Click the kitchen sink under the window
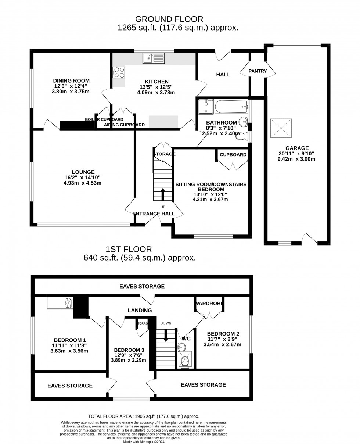[x=154, y=58]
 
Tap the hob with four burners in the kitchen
[x=119, y=72]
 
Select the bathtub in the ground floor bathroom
[x=231, y=107]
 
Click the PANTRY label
[x=258, y=71]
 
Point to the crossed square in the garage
[x=281, y=128]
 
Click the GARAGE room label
[x=297, y=148]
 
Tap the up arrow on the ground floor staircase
[x=163, y=194]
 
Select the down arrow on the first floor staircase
[x=166, y=335]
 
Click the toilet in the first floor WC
[x=185, y=361]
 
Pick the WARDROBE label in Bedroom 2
[x=209, y=304]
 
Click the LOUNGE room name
[x=83, y=172]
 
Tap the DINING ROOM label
[x=71, y=81]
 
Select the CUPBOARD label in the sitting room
[x=233, y=155]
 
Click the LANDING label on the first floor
[x=140, y=311]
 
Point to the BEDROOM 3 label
[x=129, y=350]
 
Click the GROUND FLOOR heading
[x=169, y=19]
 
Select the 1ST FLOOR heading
[x=129, y=250]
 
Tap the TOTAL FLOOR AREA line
[x=144, y=416]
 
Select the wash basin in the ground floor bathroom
[x=243, y=122]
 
